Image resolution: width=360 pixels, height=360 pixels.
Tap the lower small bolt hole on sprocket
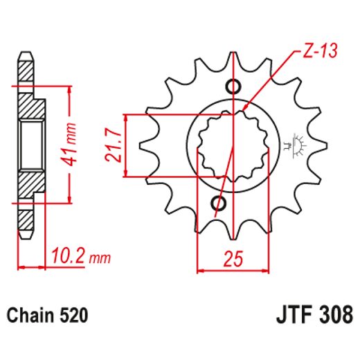click(219, 204)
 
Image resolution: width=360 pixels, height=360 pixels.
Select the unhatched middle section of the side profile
click(28, 145)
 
